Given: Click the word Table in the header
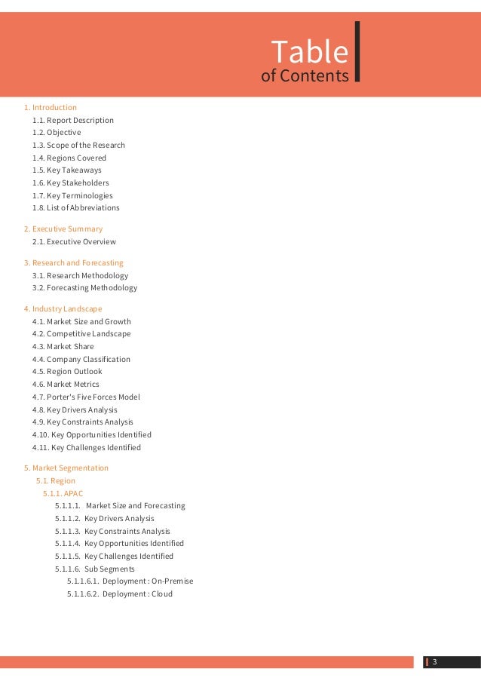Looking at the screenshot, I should pyautogui.click(x=310, y=52).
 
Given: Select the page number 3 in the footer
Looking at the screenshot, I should pyautogui.click(x=434, y=663).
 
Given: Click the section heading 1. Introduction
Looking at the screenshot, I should pyautogui.click(x=50, y=108).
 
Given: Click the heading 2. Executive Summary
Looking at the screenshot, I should pyautogui.click(x=63, y=229).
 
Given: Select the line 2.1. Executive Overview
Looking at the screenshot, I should pyautogui.click(x=74, y=242).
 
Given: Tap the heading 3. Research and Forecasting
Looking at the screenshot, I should pyautogui.click(x=73, y=263).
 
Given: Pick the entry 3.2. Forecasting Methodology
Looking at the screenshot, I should pyautogui.click(x=84, y=288).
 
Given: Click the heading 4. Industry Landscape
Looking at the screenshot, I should pyautogui.click(x=63, y=309).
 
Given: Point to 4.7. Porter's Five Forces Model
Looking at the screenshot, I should pyautogui.click(x=86, y=397).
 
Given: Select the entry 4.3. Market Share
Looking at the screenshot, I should pyautogui.click(x=63, y=347).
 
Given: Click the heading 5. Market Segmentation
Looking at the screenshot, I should pyautogui.click(x=66, y=468).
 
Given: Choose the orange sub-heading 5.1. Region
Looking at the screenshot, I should pyautogui.click(x=56, y=481).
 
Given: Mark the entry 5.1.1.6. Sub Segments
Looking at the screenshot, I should pyautogui.click(x=94, y=569).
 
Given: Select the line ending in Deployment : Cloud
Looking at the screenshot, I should pyautogui.click(x=119, y=594).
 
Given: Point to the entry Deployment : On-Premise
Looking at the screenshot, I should pyautogui.click(x=130, y=581).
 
